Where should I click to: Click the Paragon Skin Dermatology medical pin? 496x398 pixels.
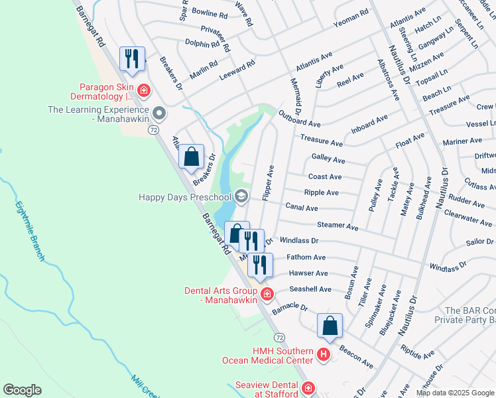click(143, 90)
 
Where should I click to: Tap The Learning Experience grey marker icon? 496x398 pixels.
click(158, 111)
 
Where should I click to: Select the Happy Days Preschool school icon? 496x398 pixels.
click(241, 196)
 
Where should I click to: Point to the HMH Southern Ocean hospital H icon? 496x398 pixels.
click(323, 354)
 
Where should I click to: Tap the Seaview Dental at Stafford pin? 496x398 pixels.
click(308, 388)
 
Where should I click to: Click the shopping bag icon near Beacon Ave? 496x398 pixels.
click(330, 326)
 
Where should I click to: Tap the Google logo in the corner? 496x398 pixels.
click(22, 390)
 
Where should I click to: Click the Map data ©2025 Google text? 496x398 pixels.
click(454, 393)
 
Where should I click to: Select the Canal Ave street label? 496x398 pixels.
click(302, 208)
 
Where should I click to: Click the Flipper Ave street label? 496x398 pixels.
click(269, 183)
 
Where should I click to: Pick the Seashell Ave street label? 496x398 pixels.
click(310, 289)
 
